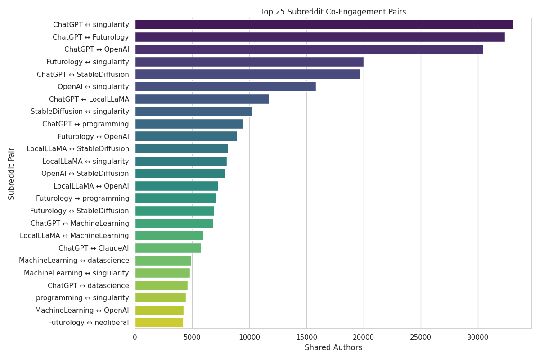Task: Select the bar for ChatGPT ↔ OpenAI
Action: click(x=309, y=49)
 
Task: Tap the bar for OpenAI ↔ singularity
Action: click(x=225, y=87)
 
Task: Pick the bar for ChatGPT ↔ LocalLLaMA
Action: click(x=202, y=99)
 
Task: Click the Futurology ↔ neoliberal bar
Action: click(x=159, y=323)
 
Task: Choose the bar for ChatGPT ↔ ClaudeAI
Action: click(x=168, y=248)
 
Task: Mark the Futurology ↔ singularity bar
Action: click(x=249, y=62)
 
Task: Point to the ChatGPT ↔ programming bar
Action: click(x=189, y=124)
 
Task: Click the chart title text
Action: click(x=333, y=12)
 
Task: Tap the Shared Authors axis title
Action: click(x=333, y=348)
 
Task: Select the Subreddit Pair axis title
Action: click(x=12, y=174)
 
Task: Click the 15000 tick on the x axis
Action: click(x=306, y=337)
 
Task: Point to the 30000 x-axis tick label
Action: click(x=478, y=337)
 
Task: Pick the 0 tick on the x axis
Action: click(x=135, y=337)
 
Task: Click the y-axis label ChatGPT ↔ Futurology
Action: click(x=91, y=37)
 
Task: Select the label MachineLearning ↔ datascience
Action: click(x=74, y=261)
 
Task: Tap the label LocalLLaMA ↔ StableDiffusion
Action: click(x=78, y=149)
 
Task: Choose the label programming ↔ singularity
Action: click(x=82, y=298)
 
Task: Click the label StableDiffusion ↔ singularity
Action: click(x=80, y=112)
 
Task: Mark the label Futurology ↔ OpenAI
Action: click(x=93, y=136)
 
